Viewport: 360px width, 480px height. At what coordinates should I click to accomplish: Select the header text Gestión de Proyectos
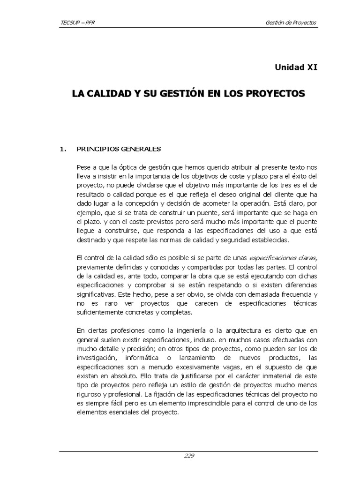291,22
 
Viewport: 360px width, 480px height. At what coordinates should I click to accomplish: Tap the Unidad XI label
296,67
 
